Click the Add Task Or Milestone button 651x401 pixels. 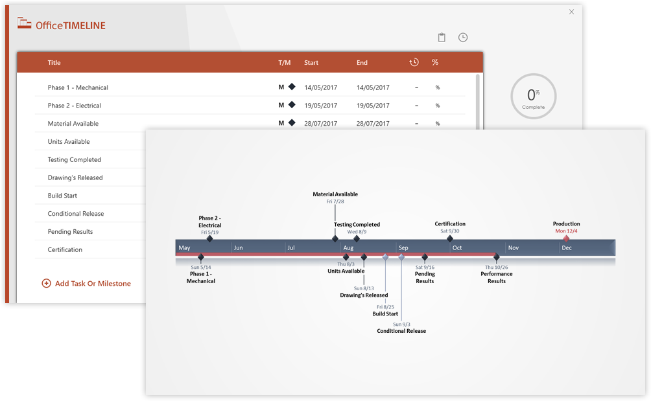(x=86, y=283)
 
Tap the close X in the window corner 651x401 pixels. (x=571, y=12)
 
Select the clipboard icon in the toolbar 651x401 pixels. (x=442, y=38)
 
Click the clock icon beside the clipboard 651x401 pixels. (x=463, y=38)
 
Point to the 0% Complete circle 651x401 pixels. (x=533, y=97)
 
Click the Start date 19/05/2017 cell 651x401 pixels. (x=320, y=106)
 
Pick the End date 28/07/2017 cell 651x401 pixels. (x=373, y=124)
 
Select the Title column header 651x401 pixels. (x=54, y=63)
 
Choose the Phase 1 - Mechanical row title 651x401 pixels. (x=78, y=87)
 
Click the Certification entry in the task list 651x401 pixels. (x=65, y=249)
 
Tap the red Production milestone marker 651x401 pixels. (x=566, y=239)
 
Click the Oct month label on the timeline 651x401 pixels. (x=457, y=248)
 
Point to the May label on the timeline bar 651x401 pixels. (x=185, y=248)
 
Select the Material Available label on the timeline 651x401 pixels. (x=335, y=194)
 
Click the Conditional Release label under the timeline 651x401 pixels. (x=401, y=331)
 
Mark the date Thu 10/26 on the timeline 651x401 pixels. (x=496, y=267)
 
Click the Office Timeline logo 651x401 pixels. (x=61, y=25)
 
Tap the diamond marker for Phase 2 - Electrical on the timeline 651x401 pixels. (x=209, y=239)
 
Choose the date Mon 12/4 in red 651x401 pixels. (x=566, y=231)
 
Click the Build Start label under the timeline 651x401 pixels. (x=385, y=314)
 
